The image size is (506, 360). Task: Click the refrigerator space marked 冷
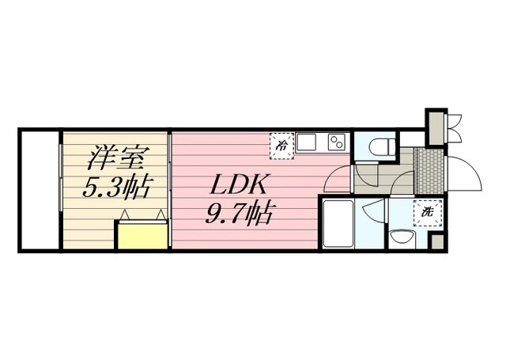coord(281,144)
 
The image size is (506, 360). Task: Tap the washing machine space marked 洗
coord(426,212)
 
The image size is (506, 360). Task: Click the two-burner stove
coord(336,143)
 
